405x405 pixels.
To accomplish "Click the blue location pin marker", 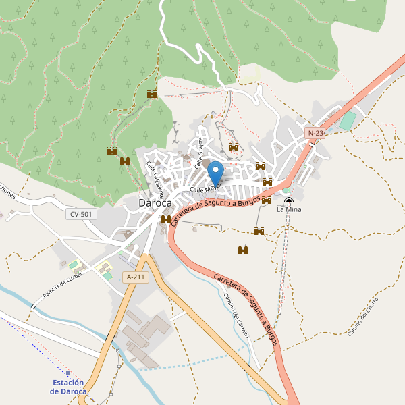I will point(215,170).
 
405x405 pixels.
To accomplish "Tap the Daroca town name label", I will point(155,202).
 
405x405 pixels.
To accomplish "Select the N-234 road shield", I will point(316,134).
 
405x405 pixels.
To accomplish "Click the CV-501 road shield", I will point(81,214).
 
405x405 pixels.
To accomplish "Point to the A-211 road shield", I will point(134,277).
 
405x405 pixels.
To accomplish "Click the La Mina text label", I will point(289,210).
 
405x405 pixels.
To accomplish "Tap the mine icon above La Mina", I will point(289,200).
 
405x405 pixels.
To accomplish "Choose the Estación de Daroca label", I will point(69,387).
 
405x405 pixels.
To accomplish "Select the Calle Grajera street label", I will point(200,153).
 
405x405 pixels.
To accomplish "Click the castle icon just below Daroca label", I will point(166,219).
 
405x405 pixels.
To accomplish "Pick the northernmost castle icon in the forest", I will point(152,94).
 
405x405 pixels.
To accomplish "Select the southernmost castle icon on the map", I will point(244,250).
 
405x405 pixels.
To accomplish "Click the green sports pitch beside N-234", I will point(347,122).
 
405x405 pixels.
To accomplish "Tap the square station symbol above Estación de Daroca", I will point(68,372).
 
